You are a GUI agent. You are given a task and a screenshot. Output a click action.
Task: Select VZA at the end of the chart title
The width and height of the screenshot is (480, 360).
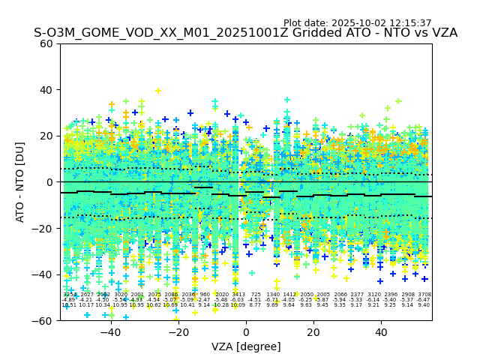[x=442, y=33]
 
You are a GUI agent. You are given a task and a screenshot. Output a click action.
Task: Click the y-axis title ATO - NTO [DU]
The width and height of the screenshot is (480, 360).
[x=21, y=182]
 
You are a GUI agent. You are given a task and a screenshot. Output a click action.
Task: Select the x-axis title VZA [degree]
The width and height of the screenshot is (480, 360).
[x=246, y=346]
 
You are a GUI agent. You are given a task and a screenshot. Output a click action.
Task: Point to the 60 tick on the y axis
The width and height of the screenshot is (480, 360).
[x=46, y=43]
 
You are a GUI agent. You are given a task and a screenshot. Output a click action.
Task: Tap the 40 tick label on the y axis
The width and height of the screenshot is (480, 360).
[x=46, y=90]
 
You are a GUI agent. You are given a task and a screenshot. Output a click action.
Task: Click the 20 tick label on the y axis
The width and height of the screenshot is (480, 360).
[x=46, y=136]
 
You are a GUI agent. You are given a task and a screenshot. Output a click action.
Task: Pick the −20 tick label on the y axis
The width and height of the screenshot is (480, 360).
[x=43, y=229]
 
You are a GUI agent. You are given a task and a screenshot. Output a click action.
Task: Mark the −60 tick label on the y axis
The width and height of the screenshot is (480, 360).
[x=43, y=321]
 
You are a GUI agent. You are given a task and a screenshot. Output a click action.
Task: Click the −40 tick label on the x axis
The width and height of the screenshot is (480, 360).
[x=109, y=332]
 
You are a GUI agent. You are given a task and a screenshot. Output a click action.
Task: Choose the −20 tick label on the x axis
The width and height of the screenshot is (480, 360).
[x=177, y=332]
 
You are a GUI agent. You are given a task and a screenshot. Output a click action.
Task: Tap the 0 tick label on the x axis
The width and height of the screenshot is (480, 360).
[x=246, y=332]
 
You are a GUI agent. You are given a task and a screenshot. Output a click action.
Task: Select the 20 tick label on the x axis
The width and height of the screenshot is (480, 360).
[x=314, y=332]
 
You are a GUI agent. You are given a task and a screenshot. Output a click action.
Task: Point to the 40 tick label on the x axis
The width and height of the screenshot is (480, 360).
[x=382, y=332]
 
